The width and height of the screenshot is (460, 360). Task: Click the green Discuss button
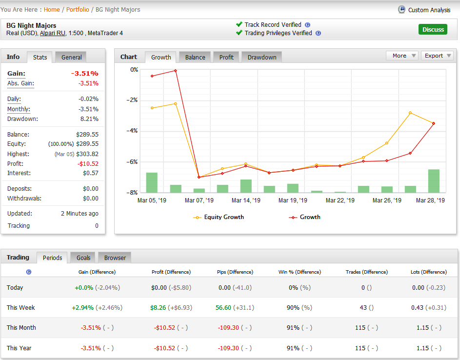tap(433, 29)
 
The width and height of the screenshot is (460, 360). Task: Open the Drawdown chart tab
tap(261, 57)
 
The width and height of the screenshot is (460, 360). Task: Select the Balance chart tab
tap(195, 57)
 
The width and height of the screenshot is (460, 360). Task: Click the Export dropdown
tap(437, 56)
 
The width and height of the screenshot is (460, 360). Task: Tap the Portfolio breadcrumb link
tap(78, 9)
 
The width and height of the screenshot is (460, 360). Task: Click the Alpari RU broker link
tap(53, 33)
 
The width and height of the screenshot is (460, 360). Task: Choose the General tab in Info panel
tap(71, 57)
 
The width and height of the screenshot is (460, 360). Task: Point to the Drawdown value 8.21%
tap(89, 119)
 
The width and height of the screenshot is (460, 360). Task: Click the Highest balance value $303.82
tap(87, 154)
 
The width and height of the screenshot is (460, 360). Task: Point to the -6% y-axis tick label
tap(132, 161)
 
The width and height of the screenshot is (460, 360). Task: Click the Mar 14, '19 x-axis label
tap(246, 200)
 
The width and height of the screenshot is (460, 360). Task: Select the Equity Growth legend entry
tap(219, 217)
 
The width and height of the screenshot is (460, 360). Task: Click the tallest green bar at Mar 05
tap(152, 182)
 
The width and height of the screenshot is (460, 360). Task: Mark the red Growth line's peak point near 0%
tap(176, 71)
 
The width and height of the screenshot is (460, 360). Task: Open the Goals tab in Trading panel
tap(83, 258)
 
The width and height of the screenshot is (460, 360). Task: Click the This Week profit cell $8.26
tap(158, 307)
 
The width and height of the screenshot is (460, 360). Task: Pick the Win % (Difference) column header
tap(300, 272)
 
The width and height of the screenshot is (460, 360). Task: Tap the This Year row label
tap(19, 348)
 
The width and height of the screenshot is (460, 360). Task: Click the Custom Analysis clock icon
tap(401, 9)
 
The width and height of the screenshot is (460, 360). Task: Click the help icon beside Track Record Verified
tap(307, 25)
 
